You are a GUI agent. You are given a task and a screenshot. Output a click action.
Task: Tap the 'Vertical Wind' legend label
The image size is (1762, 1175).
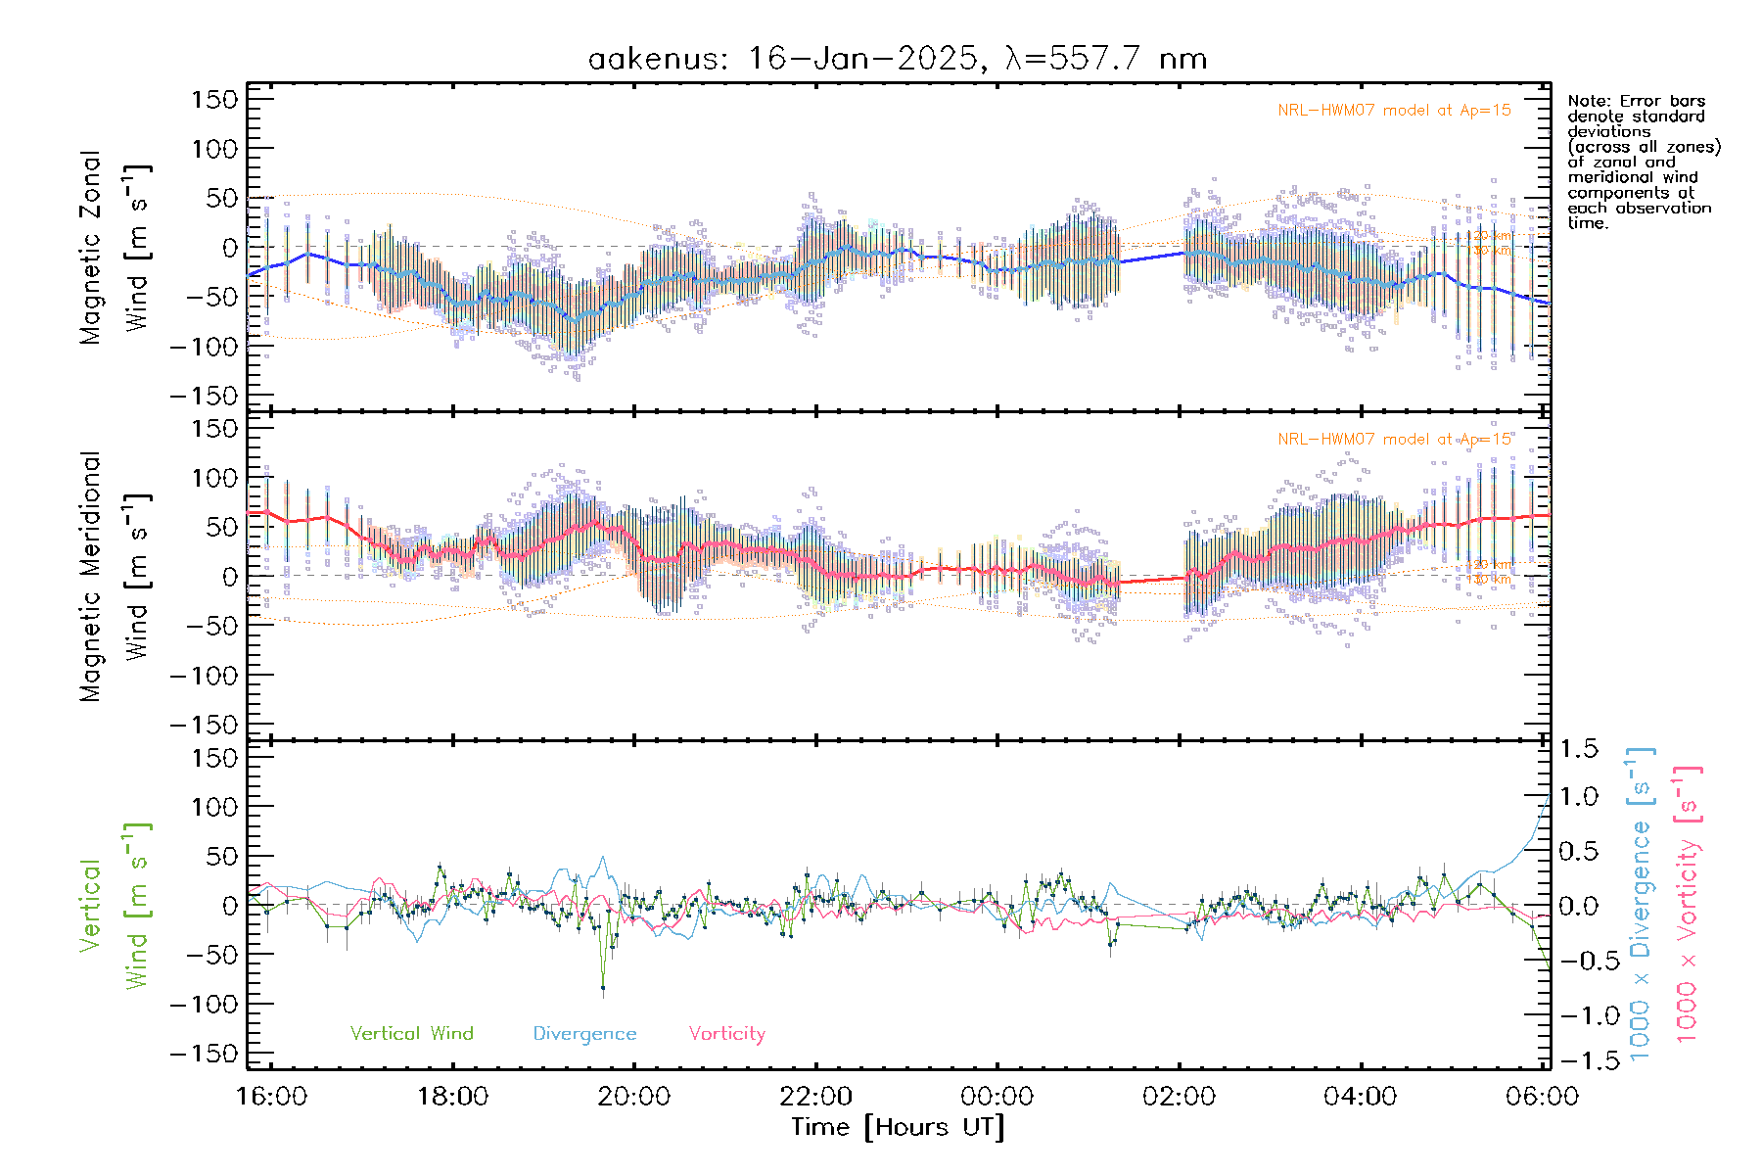(411, 1033)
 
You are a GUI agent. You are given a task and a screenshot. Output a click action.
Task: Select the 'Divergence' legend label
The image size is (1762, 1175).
(584, 1033)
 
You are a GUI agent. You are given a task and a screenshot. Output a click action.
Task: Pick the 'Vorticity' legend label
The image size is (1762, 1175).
(726, 1033)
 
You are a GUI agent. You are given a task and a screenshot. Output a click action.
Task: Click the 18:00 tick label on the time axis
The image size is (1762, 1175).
(452, 1096)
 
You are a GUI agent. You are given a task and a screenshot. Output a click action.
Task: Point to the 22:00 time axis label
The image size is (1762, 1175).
(815, 1096)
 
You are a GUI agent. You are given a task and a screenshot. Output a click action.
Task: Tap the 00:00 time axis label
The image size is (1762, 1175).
(997, 1096)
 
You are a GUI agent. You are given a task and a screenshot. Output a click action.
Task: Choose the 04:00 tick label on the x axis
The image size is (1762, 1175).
(1360, 1096)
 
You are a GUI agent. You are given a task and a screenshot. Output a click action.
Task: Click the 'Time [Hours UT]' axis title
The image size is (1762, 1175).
(898, 1127)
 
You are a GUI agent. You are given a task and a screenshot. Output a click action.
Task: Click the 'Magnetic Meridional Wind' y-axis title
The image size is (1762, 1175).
(113, 576)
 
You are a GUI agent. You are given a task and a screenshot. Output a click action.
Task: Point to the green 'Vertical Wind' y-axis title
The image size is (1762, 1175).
(113, 905)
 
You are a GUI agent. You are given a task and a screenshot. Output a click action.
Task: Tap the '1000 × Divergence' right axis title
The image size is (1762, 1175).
(1641, 905)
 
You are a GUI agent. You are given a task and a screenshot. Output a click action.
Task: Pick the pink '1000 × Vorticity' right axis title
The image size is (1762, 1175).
(1687, 905)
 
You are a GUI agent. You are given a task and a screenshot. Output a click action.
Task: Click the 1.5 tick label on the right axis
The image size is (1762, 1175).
(1578, 749)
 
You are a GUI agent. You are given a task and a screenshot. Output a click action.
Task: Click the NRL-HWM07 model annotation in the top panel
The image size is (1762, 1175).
(1394, 111)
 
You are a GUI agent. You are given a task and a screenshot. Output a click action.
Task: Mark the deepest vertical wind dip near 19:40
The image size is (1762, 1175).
(603, 987)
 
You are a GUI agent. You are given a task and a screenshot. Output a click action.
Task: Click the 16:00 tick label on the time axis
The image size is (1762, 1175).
(271, 1096)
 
